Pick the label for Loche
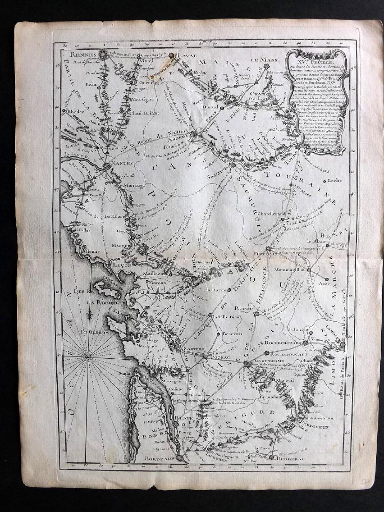tap(335, 180)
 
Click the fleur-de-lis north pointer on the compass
tap(87, 317)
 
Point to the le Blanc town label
tap(315, 241)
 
